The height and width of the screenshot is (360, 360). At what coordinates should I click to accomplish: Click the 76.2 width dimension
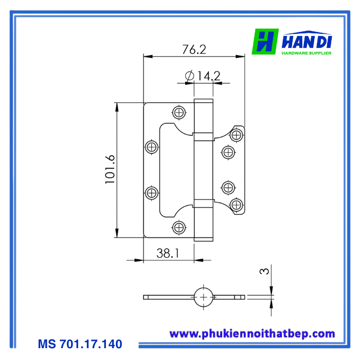pos(194,49)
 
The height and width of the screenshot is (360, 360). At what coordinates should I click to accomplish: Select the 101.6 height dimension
pos(110,169)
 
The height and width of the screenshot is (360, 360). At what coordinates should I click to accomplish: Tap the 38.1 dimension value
pos(168,253)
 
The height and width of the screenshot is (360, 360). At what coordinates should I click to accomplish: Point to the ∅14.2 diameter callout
pos(203,76)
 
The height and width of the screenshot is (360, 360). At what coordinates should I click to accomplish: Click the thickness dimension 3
pos(264,271)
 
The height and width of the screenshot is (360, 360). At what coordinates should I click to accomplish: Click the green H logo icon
pos(265,42)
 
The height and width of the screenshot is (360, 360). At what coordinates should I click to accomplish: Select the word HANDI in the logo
pos(307,41)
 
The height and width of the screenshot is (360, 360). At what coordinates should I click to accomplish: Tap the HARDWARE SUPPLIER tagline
pos(307,53)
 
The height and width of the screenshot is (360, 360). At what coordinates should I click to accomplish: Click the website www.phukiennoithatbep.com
pos(252,334)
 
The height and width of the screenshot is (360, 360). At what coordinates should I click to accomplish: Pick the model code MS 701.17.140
pos(80,344)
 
